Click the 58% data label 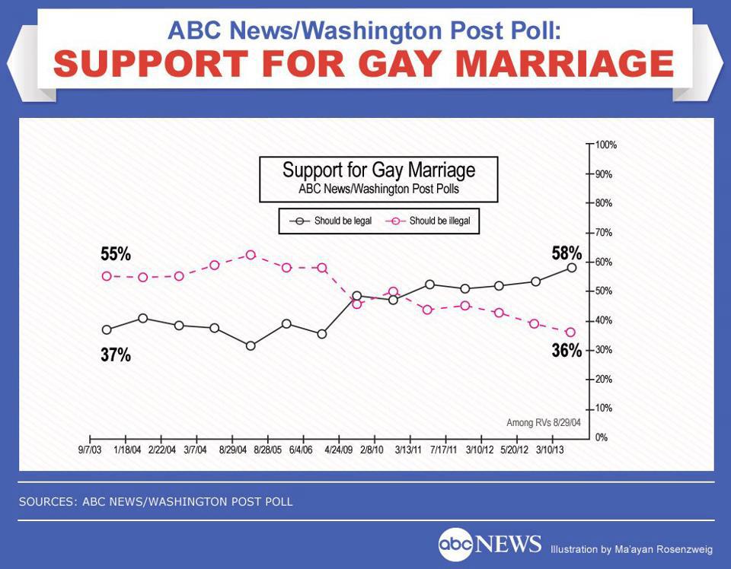[567, 253]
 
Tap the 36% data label [567, 351]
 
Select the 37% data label [116, 354]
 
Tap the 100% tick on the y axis [606, 145]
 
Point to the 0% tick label [602, 437]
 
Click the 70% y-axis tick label [604, 232]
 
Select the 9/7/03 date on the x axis [91, 450]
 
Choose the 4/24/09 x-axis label [339, 450]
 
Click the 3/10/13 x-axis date [551, 450]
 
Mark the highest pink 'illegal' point [251, 255]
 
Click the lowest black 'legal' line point [251, 345]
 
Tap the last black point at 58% [571, 268]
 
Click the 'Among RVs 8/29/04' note [543, 422]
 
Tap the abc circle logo [455, 545]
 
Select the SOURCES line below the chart [155, 502]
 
